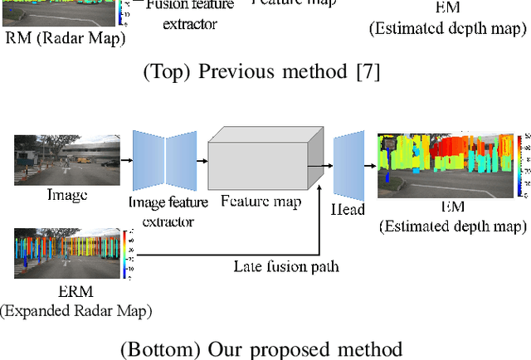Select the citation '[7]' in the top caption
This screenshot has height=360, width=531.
click(x=368, y=72)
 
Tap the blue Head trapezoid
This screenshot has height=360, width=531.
click(x=348, y=165)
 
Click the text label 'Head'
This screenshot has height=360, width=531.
click(x=348, y=209)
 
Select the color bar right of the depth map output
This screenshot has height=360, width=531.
click(x=519, y=166)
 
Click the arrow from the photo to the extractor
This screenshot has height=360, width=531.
click(x=125, y=163)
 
